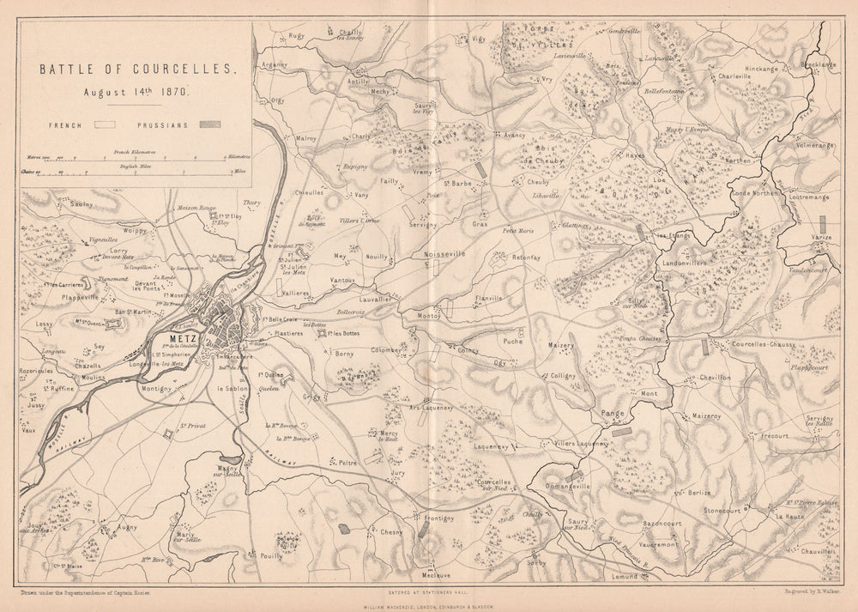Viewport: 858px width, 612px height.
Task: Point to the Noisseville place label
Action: pos(443,254)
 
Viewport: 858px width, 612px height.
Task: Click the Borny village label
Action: pos(344,354)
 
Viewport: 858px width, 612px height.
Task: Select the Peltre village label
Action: pos(347,463)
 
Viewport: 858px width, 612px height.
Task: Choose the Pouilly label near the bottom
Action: pos(271,556)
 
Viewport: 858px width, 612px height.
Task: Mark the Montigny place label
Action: pos(156,388)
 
